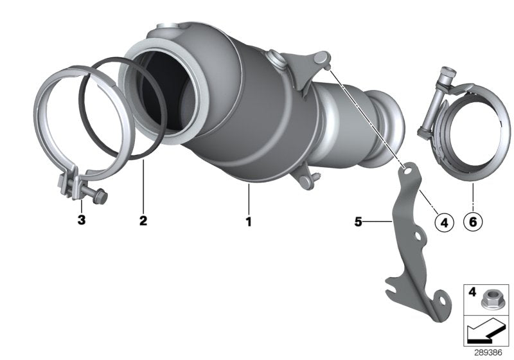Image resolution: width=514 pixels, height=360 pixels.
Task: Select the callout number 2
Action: point(143,221)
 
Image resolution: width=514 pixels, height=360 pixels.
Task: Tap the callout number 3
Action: point(82,221)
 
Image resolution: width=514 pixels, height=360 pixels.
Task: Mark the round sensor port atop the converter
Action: point(277,59)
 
